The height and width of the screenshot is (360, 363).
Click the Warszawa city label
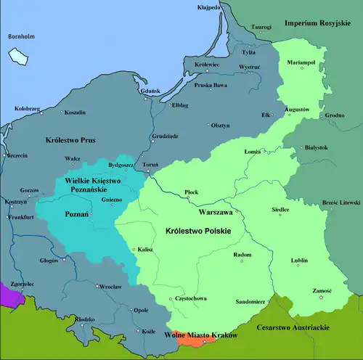[x=215, y=213]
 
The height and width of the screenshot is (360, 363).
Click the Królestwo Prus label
[x=70, y=139]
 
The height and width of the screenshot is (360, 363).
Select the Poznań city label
[x=76, y=215]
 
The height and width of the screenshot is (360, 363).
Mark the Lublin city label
[x=299, y=259]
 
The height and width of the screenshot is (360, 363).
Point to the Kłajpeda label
[x=209, y=8]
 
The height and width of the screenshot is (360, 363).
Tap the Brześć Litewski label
[x=340, y=201]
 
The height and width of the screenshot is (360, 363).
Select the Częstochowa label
[x=185, y=299]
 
